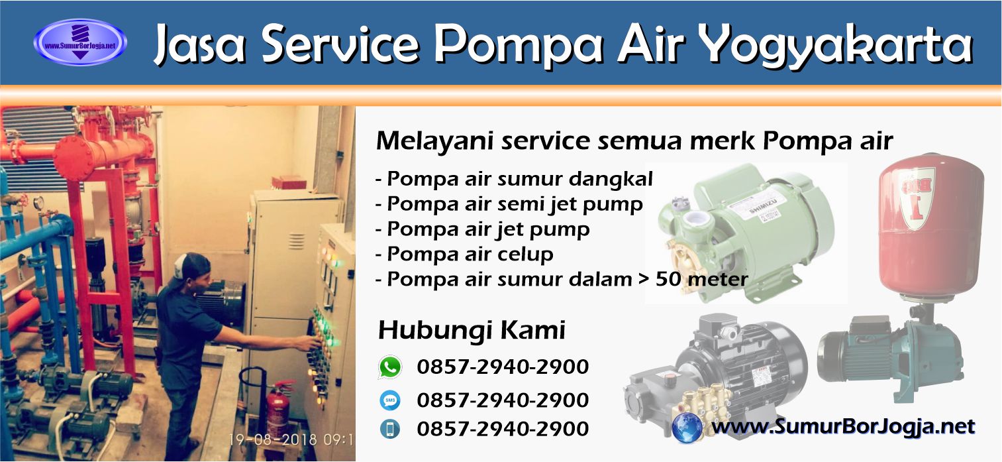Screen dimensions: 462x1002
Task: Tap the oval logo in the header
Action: coord(79,42)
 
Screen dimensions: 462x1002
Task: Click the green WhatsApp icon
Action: coord(390,367)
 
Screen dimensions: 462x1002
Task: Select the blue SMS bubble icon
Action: coord(390,400)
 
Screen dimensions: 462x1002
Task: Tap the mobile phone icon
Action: coord(390,429)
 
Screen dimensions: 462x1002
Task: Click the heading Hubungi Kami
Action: coord(471,329)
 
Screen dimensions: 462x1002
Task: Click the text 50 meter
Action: coord(702,279)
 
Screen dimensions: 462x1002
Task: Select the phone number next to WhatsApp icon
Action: coord(503,367)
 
